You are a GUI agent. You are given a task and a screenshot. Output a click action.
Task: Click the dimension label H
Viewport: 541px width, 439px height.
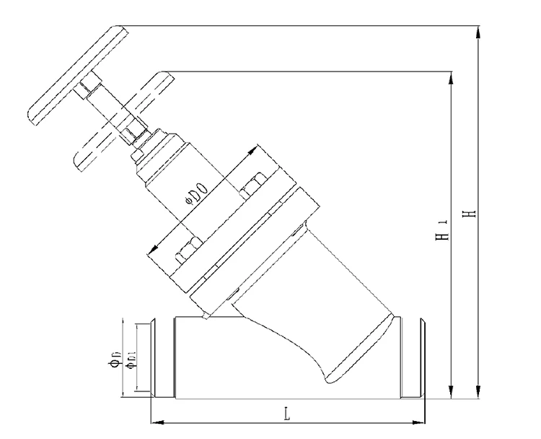[x=470, y=213]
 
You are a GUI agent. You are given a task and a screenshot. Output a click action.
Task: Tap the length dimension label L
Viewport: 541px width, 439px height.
[x=286, y=414]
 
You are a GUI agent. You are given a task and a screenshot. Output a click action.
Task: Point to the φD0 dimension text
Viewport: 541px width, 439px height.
[x=197, y=194]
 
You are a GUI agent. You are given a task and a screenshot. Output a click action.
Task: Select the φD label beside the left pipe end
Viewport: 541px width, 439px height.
[x=115, y=359]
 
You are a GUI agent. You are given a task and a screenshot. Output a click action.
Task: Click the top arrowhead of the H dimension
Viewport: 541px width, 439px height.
[x=478, y=32]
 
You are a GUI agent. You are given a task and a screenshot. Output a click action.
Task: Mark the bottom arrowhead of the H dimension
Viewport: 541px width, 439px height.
[x=478, y=392]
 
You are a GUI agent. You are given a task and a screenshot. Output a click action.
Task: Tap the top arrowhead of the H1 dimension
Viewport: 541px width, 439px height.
[x=450, y=78]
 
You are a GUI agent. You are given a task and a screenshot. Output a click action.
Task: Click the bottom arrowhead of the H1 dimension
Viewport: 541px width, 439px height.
[x=450, y=392]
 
